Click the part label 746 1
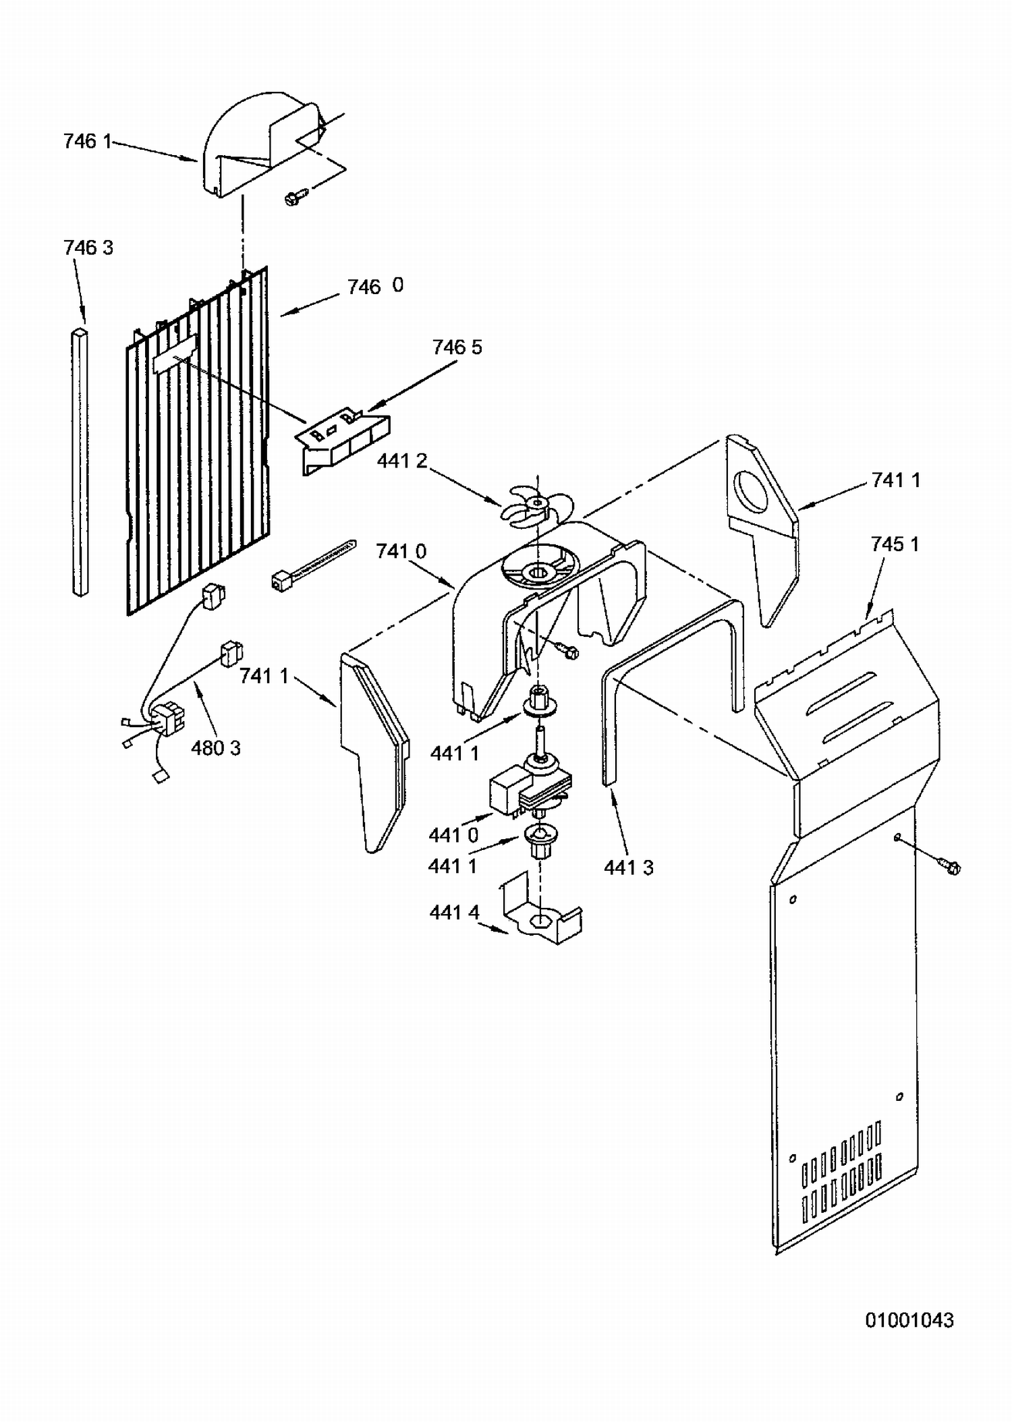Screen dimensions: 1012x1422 click(87, 142)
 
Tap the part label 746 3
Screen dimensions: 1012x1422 click(88, 248)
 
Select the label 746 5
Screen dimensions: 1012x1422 click(457, 347)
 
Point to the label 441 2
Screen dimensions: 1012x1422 click(402, 461)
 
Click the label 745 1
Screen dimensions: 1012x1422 click(895, 544)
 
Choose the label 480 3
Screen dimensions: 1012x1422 click(216, 748)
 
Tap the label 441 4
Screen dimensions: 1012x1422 click(454, 913)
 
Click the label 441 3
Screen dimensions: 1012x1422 click(629, 868)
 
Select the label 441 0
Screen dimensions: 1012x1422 click(453, 835)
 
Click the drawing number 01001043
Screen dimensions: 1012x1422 click(909, 1320)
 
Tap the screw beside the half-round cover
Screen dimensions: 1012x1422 click(296, 196)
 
